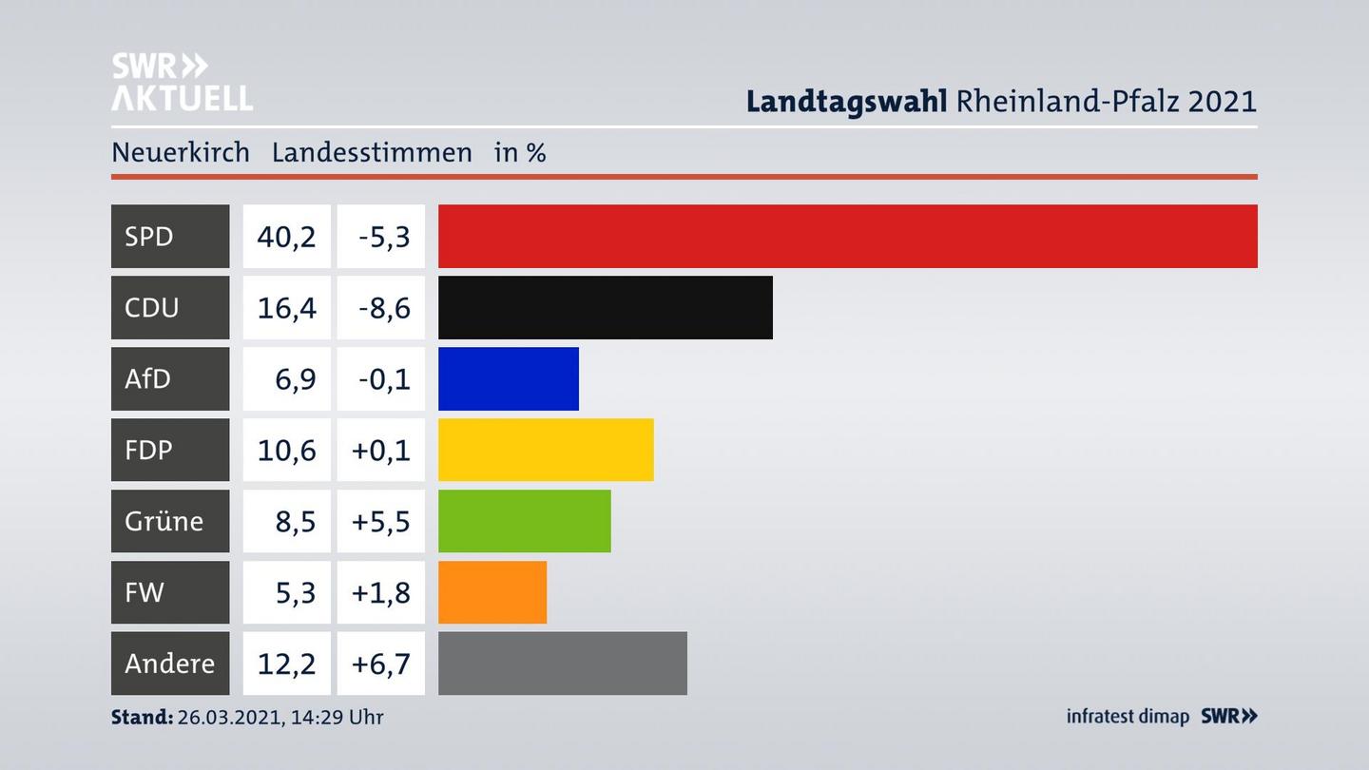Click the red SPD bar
click(847, 236)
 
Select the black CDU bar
click(605, 307)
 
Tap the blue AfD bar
click(508, 378)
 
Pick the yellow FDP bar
click(546, 450)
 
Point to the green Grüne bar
click(524, 521)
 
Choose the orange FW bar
click(492, 592)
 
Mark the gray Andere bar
click(562, 663)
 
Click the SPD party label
click(149, 236)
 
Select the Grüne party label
click(164, 521)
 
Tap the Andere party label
click(169, 663)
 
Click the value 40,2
click(286, 236)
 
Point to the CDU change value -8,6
click(384, 307)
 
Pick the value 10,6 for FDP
click(286, 450)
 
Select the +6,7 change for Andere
click(380, 663)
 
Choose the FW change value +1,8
click(380, 592)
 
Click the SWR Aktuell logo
click(182, 82)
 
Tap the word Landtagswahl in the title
click(846, 101)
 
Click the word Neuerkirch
click(180, 152)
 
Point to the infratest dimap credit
click(1128, 717)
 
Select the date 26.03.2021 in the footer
click(226, 717)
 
